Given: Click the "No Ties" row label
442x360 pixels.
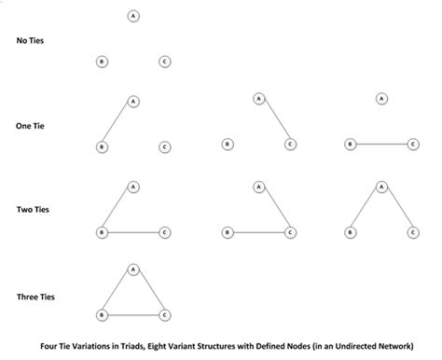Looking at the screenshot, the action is click(30, 41).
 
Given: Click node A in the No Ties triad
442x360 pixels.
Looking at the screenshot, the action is click(133, 17).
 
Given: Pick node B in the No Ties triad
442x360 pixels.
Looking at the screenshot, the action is click(102, 62).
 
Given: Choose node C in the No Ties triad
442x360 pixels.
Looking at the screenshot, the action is click(164, 62).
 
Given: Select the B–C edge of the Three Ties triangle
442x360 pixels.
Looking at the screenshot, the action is click(133, 316).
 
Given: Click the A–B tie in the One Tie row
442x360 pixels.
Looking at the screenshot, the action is click(117, 123).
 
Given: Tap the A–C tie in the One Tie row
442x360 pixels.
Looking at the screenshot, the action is click(273, 121).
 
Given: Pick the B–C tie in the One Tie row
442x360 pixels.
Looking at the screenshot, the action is click(381, 145).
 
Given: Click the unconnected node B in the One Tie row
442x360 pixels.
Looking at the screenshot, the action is click(228, 145).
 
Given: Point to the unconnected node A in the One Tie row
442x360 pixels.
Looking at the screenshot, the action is click(381, 99).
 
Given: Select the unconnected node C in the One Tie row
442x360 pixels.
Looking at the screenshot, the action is click(164, 146).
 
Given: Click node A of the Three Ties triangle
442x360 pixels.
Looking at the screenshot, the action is click(133, 270).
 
